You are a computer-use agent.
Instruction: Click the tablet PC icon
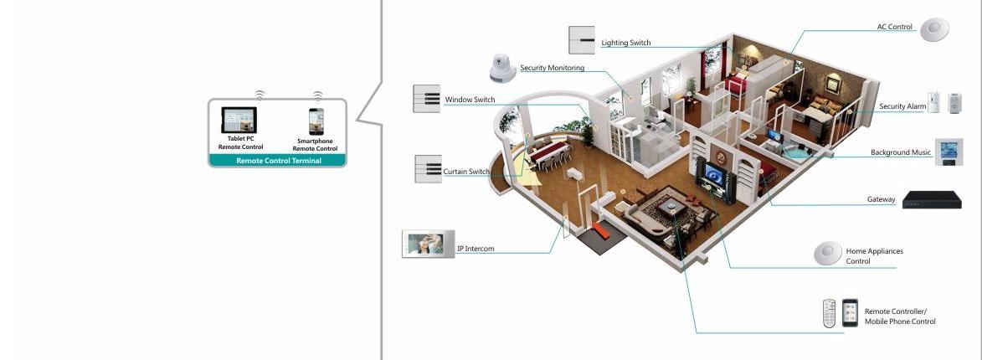(x=239, y=120)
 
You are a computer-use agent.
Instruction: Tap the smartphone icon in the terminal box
(x=316, y=121)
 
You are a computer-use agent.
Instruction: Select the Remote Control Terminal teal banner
(x=277, y=161)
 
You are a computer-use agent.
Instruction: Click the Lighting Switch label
(x=625, y=43)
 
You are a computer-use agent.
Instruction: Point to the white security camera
(x=502, y=68)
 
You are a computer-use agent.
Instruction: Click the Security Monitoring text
(x=552, y=68)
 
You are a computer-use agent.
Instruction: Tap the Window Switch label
(x=470, y=100)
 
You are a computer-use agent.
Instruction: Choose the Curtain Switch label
(x=466, y=172)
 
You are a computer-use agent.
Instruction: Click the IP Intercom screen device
(x=429, y=244)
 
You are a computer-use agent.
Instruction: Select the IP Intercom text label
(x=476, y=249)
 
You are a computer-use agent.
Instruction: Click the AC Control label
(x=894, y=27)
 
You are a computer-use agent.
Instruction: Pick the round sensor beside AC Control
(x=934, y=29)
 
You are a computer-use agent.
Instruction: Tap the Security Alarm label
(x=902, y=106)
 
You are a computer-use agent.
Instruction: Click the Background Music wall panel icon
(x=949, y=152)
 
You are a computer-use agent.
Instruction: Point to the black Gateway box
(x=931, y=200)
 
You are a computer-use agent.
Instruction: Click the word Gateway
(x=882, y=200)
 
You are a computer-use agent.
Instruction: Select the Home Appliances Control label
(x=874, y=256)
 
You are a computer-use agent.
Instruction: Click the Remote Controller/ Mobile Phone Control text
(x=900, y=316)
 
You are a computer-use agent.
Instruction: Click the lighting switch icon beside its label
(x=582, y=40)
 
